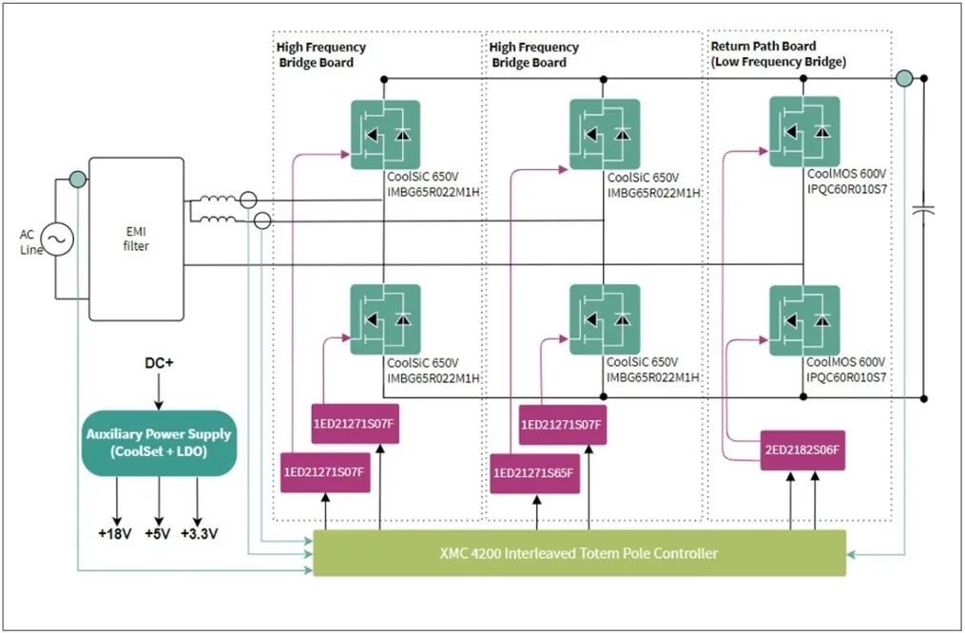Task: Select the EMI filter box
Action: pyautogui.click(x=136, y=239)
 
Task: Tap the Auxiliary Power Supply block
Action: pyautogui.click(x=158, y=443)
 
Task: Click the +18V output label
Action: pyautogui.click(x=117, y=534)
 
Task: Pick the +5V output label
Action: pyautogui.click(x=158, y=534)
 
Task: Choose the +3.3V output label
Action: pyautogui.click(x=199, y=534)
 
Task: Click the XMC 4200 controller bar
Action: pyautogui.click(x=578, y=553)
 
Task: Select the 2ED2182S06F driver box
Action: pyautogui.click(x=801, y=451)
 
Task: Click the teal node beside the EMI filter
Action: pyautogui.click(x=77, y=178)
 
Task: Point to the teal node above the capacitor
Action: pyautogui.click(x=905, y=78)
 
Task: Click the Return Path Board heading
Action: pyautogui.click(x=762, y=46)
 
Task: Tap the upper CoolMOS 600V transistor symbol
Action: pyautogui.click(x=804, y=131)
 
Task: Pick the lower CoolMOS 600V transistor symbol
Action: pyautogui.click(x=804, y=320)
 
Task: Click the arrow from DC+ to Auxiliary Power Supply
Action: pyautogui.click(x=158, y=391)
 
